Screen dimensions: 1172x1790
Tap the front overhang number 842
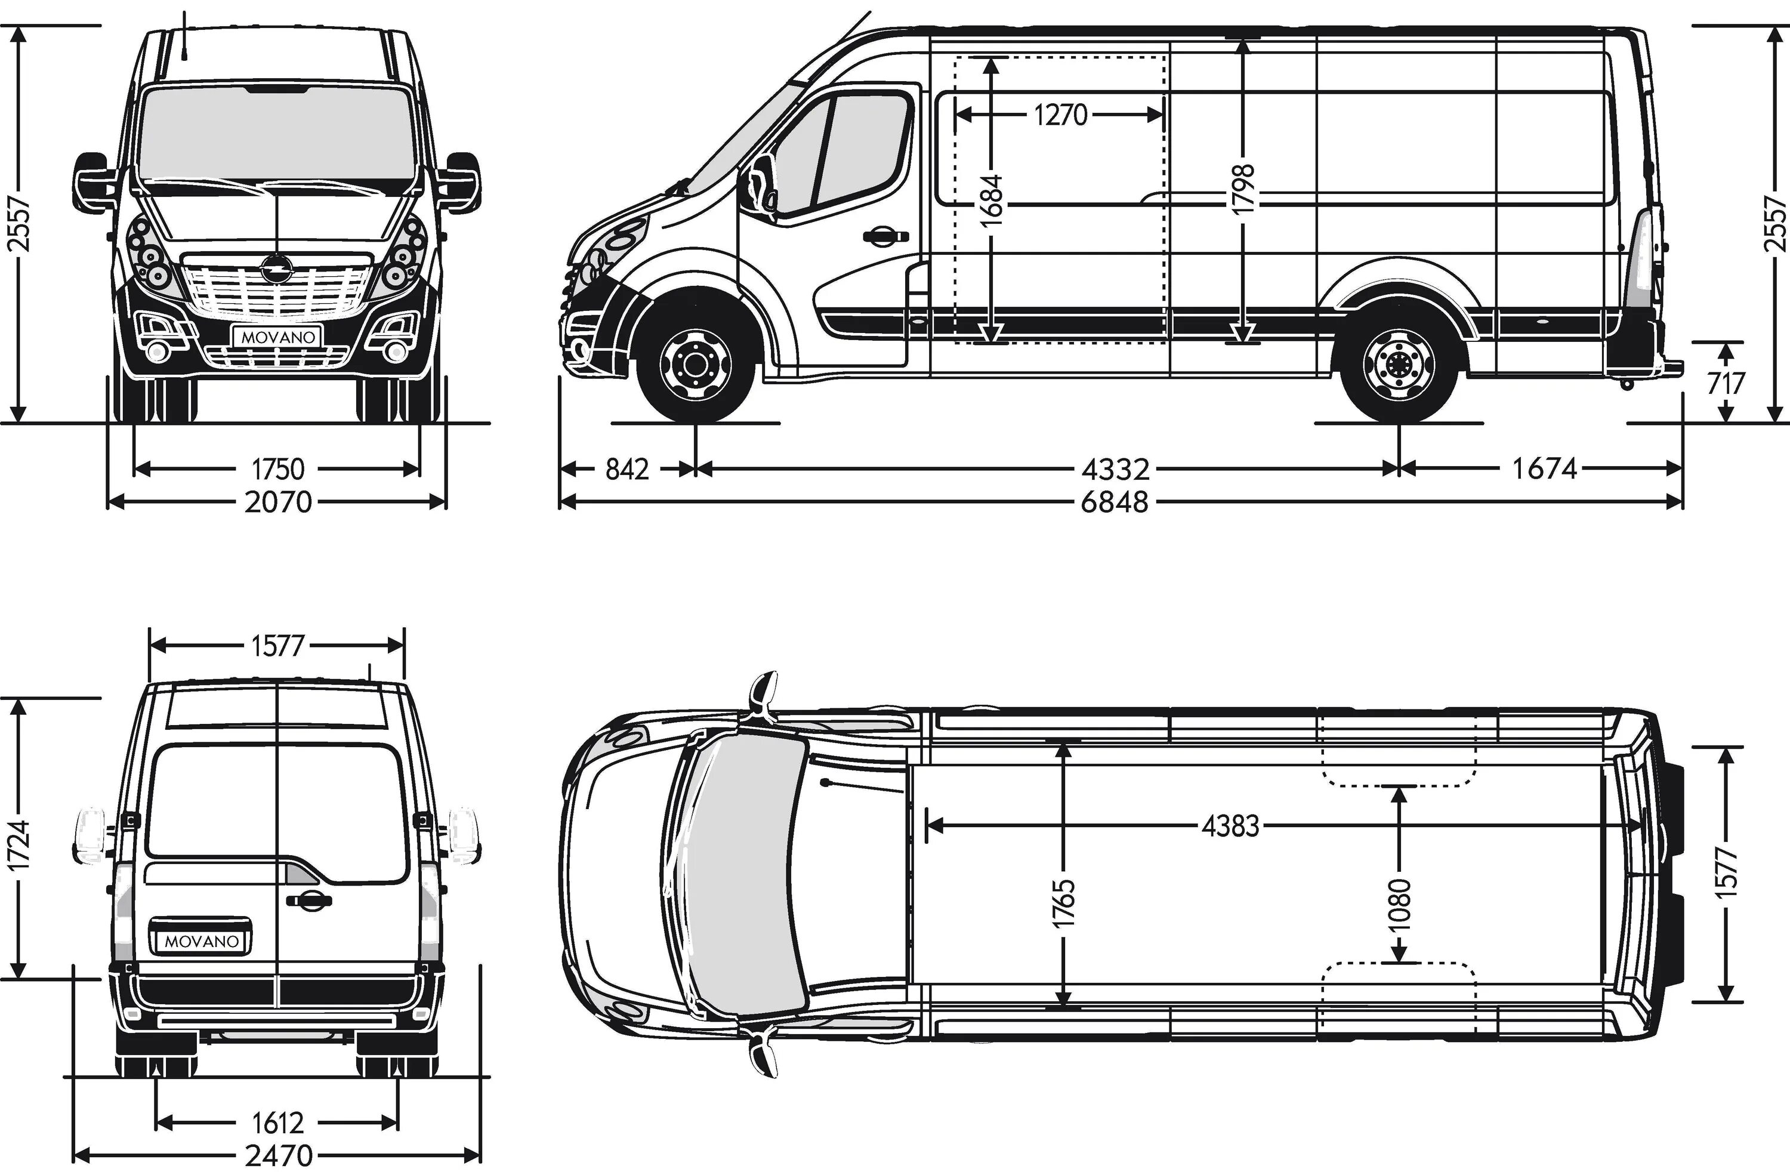point(626,470)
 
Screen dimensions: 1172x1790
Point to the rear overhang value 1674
point(1544,470)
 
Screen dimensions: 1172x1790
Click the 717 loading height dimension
point(1726,384)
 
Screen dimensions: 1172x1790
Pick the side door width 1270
point(1060,115)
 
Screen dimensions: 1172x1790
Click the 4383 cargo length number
point(1230,826)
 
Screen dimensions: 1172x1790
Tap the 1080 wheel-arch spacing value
point(1400,905)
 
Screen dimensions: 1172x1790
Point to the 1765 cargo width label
point(1064,904)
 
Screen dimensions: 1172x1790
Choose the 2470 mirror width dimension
point(278,1155)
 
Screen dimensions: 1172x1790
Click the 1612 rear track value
point(277,1123)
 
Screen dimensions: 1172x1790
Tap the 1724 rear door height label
point(20,846)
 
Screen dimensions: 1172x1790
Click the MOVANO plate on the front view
point(277,337)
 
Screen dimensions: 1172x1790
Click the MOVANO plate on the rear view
point(202,941)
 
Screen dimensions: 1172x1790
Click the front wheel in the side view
point(695,366)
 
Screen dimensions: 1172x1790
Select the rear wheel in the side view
point(1399,366)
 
